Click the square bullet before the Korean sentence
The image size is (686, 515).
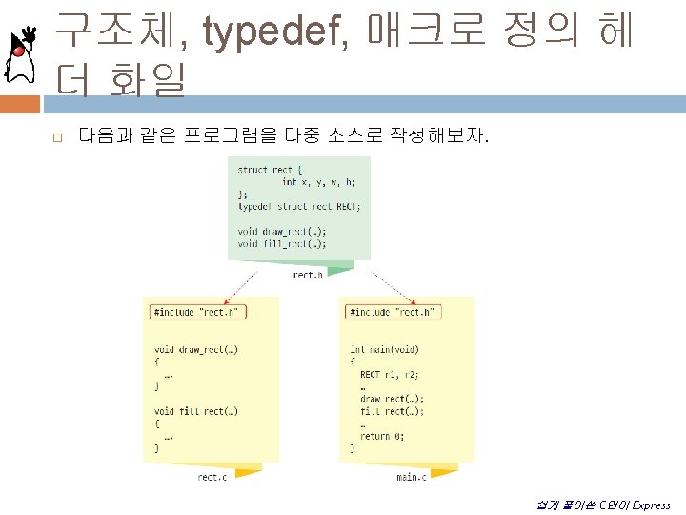click(57, 139)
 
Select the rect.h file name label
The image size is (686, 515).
click(308, 275)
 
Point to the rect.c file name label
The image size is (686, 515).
click(212, 476)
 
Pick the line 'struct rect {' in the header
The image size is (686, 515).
click(267, 170)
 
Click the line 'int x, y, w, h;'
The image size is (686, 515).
click(318, 182)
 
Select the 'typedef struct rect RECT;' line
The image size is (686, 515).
click(299, 206)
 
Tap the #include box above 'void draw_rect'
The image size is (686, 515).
click(198, 312)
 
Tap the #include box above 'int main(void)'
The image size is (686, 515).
click(392, 312)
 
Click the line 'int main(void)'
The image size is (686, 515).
click(384, 350)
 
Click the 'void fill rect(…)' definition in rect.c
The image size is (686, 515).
click(195, 411)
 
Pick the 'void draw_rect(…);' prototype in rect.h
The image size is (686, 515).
click(282, 231)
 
